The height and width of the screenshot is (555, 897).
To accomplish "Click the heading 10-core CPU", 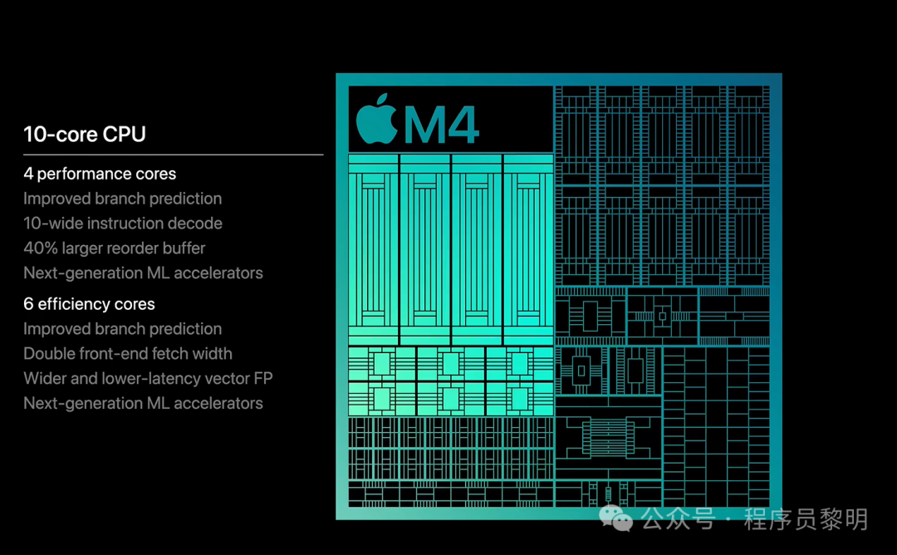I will (x=85, y=135).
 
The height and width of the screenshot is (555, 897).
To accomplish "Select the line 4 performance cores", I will (x=100, y=174).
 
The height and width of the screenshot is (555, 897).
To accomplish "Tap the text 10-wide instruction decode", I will (x=123, y=223).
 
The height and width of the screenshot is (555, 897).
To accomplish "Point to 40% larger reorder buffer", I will (x=114, y=248).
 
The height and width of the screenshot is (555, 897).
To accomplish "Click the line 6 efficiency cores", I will (x=89, y=304).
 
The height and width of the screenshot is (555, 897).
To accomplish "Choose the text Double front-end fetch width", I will (x=128, y=354).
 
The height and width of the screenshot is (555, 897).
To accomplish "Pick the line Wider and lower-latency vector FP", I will (x=148, y=379).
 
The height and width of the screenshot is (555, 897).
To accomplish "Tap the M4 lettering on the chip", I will (x=442, y=124).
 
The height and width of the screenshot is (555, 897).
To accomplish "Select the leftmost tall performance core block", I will (x=373, y=249).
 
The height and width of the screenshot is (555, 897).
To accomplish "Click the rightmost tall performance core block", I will (x=528, y=249).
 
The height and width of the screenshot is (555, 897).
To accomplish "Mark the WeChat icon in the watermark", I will (x=616, y=519).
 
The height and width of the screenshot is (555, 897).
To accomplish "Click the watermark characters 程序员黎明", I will (x=806, y=520).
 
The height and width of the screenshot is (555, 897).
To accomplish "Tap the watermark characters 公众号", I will (x=678, y=520).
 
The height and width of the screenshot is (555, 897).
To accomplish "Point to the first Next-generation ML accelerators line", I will (x=143, y=273).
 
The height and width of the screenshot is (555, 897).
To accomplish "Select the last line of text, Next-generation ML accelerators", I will (x=143, y=404).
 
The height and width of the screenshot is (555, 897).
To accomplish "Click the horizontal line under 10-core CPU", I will (x=173, y=155).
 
